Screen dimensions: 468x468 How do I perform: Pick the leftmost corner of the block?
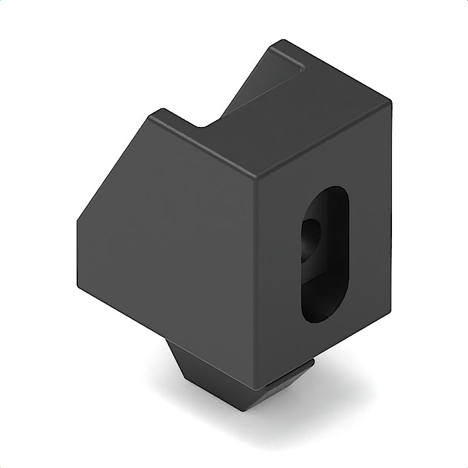pos(77,221)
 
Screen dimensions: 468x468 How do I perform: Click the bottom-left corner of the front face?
pos(78,287)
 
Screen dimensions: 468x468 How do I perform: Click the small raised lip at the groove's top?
pos(292,58)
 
